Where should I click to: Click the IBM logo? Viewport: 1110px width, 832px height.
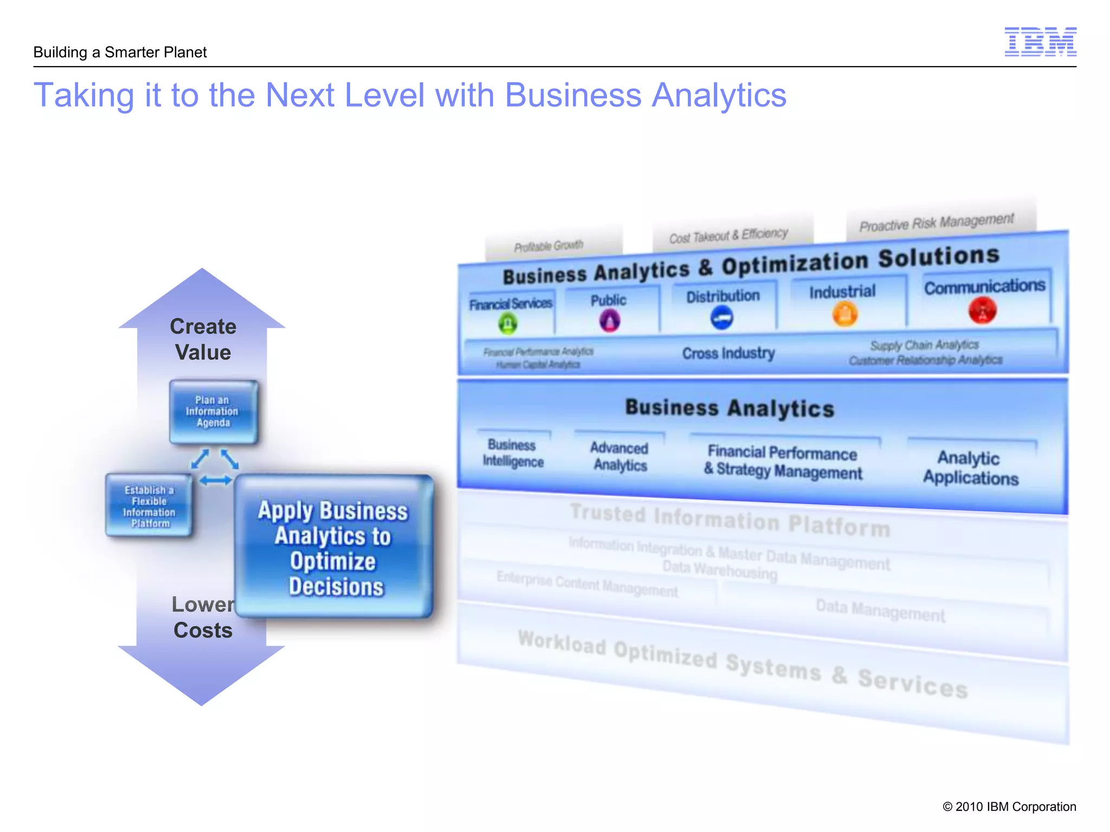tap(1040, 42)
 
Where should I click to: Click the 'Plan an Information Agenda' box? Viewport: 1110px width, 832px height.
tap(213, 412)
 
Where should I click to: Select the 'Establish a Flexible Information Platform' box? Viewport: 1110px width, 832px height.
tap(149, 506)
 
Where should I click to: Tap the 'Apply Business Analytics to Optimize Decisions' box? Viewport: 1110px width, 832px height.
tap(334, 547)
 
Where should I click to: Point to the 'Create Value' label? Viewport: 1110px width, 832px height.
tap(203, 339)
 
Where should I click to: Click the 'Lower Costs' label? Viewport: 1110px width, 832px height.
tap(203, 617)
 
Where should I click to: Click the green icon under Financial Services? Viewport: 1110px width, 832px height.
tap(508, 323)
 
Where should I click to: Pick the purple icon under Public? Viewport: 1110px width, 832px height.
tap(610, 321)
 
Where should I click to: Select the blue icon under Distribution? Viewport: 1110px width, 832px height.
tap(721, 317)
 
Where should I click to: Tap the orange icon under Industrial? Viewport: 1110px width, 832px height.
tap(844, 313)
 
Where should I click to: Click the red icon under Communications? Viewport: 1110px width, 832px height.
tap(982, 310)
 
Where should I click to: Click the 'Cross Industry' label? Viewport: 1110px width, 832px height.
tap(728, 353)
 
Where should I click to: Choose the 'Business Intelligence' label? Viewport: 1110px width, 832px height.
tap(513, 453)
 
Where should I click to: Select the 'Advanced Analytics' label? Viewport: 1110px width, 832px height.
tap(619, 456)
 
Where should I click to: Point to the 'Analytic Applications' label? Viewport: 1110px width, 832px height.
tap(970, 468)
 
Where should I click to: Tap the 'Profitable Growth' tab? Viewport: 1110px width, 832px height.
tap(548, 246)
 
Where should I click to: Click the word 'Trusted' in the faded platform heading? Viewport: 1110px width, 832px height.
tap(608, 513)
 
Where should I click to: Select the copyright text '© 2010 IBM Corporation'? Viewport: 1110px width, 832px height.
tap(1009, 807)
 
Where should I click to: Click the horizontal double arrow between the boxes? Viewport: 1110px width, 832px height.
tap(215, 480)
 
